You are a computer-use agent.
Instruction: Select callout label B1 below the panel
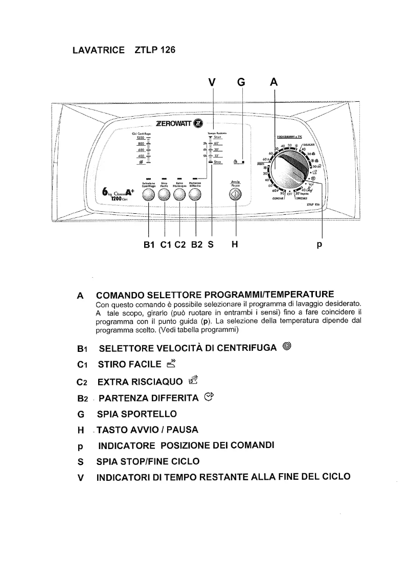click(149, 244)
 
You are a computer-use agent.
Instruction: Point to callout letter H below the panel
click(235, 244)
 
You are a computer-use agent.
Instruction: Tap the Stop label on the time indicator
click(217, 162)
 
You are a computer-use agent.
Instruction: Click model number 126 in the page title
click(166, 50)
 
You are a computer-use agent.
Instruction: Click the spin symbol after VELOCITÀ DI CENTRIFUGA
click(287, 347)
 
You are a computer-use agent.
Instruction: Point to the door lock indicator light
click(243, 162)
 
